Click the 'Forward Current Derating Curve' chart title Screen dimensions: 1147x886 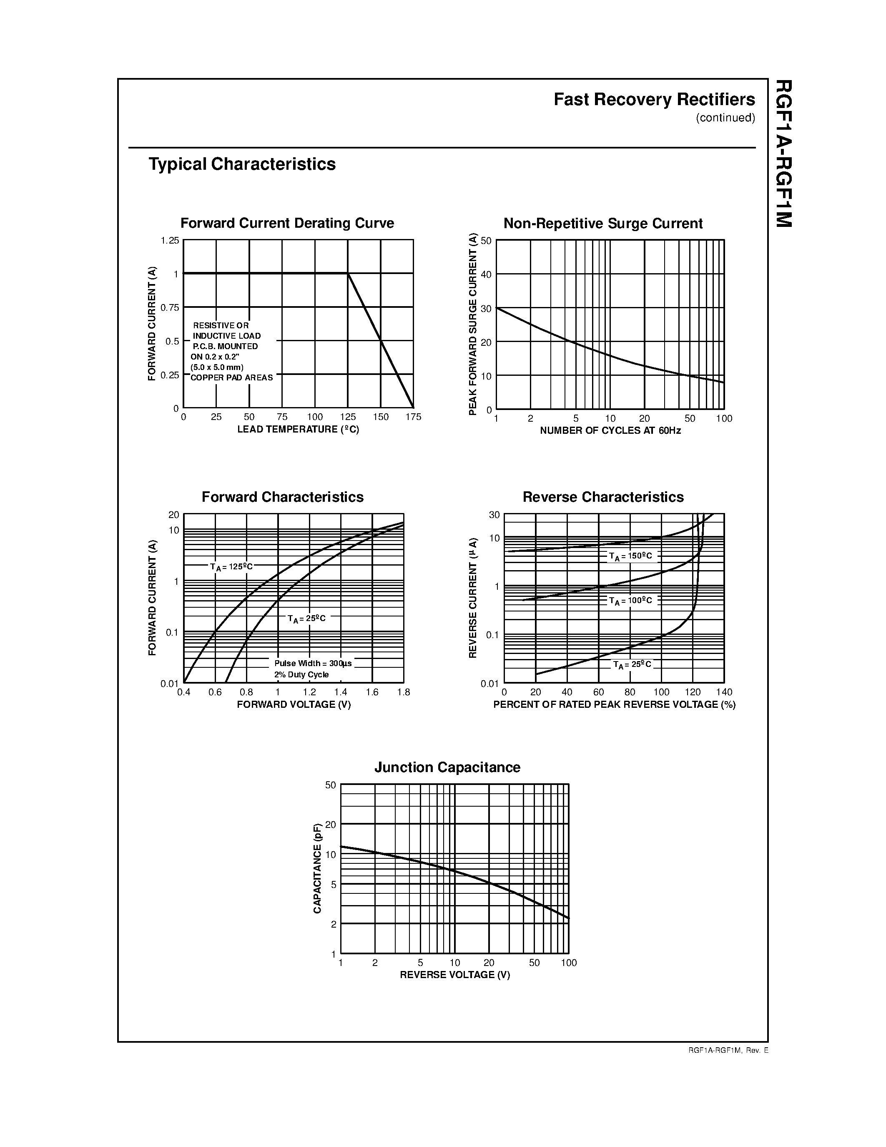click(287, 223)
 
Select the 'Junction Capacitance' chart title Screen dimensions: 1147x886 click(447, 767)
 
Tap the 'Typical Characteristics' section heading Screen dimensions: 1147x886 click(242, 164)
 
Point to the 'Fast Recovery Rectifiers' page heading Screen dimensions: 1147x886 click(654, 100)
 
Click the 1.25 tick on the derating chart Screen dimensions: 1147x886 click(170, 241)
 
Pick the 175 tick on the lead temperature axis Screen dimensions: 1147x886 click(413, 417)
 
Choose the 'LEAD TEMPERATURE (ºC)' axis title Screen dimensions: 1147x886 click(298, 430)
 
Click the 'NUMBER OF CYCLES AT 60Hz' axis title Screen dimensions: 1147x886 click(610, 431)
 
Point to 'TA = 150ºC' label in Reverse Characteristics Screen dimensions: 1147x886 click(630, 556)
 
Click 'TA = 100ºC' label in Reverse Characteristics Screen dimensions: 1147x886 click(630, 600)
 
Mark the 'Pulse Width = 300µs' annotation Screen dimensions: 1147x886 click(313, 663)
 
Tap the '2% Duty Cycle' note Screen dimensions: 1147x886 click(301, 675)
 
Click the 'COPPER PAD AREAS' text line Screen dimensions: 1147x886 click(231, 377)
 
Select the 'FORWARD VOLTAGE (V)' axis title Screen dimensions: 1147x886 click(294, 704)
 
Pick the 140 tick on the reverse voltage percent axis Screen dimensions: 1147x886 click(724, 692)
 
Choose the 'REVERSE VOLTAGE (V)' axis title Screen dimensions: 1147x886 click(454, 975)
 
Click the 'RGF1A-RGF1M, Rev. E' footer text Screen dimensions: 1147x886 click(728, 1050)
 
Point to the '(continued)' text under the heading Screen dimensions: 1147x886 click(725, 118)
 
